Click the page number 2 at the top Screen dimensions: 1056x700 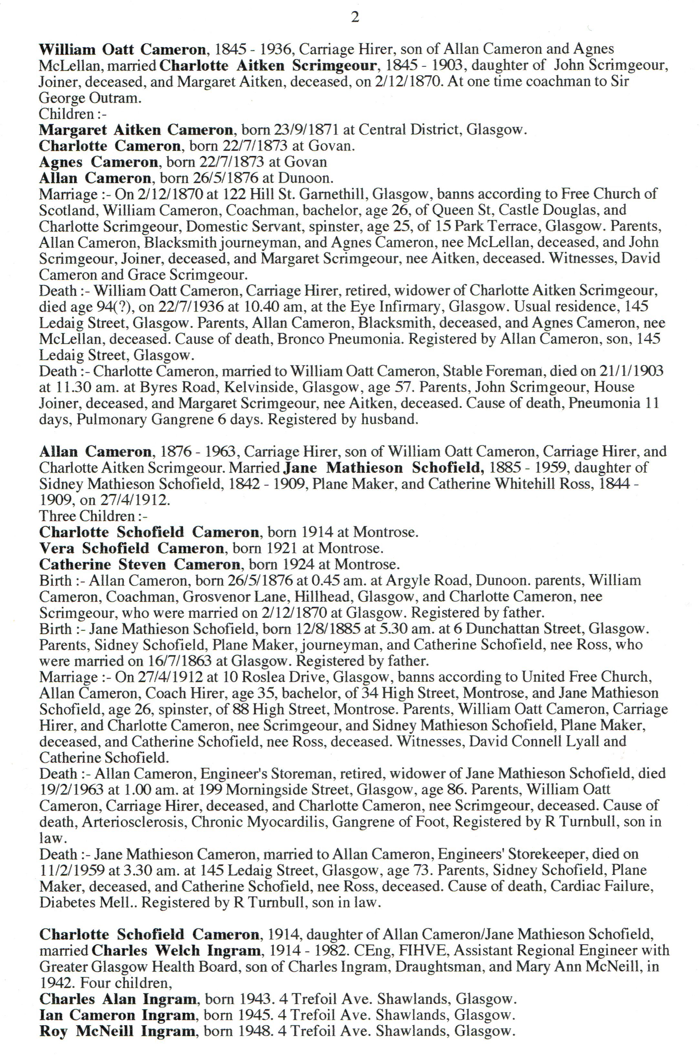pos(355,18)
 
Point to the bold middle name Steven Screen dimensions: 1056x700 pos(144,564)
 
